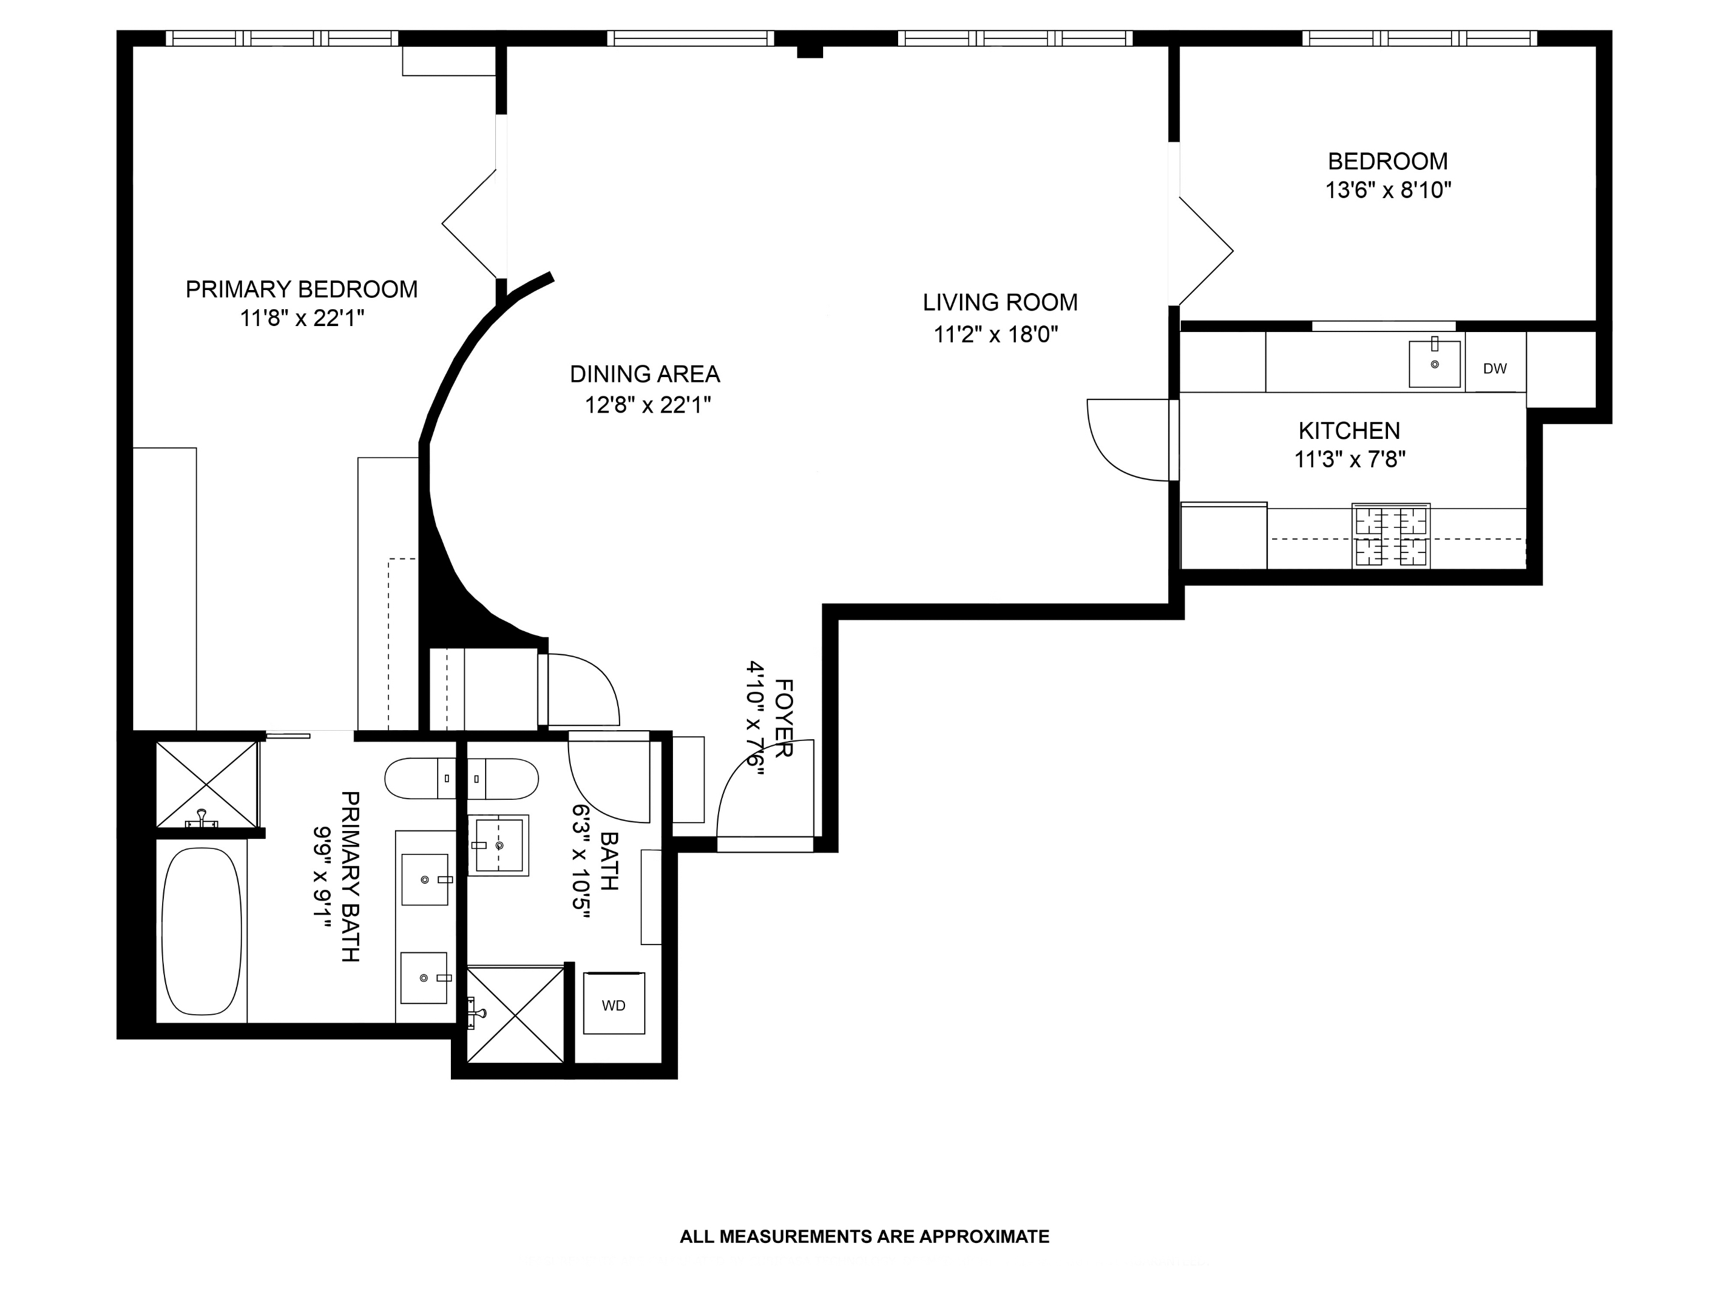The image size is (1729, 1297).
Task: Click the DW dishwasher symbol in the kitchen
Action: [x=1494, y=368]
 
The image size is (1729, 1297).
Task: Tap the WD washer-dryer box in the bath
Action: [x=614, y=1005]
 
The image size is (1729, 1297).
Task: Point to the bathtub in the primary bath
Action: [x=202, y=930]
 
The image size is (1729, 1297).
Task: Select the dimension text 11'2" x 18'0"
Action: [x=996, y=334]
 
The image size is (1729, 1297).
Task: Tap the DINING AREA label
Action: [x=644, y=373]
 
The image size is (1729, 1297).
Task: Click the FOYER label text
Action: [x=783, y=718]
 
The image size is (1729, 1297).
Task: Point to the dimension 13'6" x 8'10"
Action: [x=1387, y=190]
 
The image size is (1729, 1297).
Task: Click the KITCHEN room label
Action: [x=1349, y=430]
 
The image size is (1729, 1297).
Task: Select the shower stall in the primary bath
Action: [x=207, y=784]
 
